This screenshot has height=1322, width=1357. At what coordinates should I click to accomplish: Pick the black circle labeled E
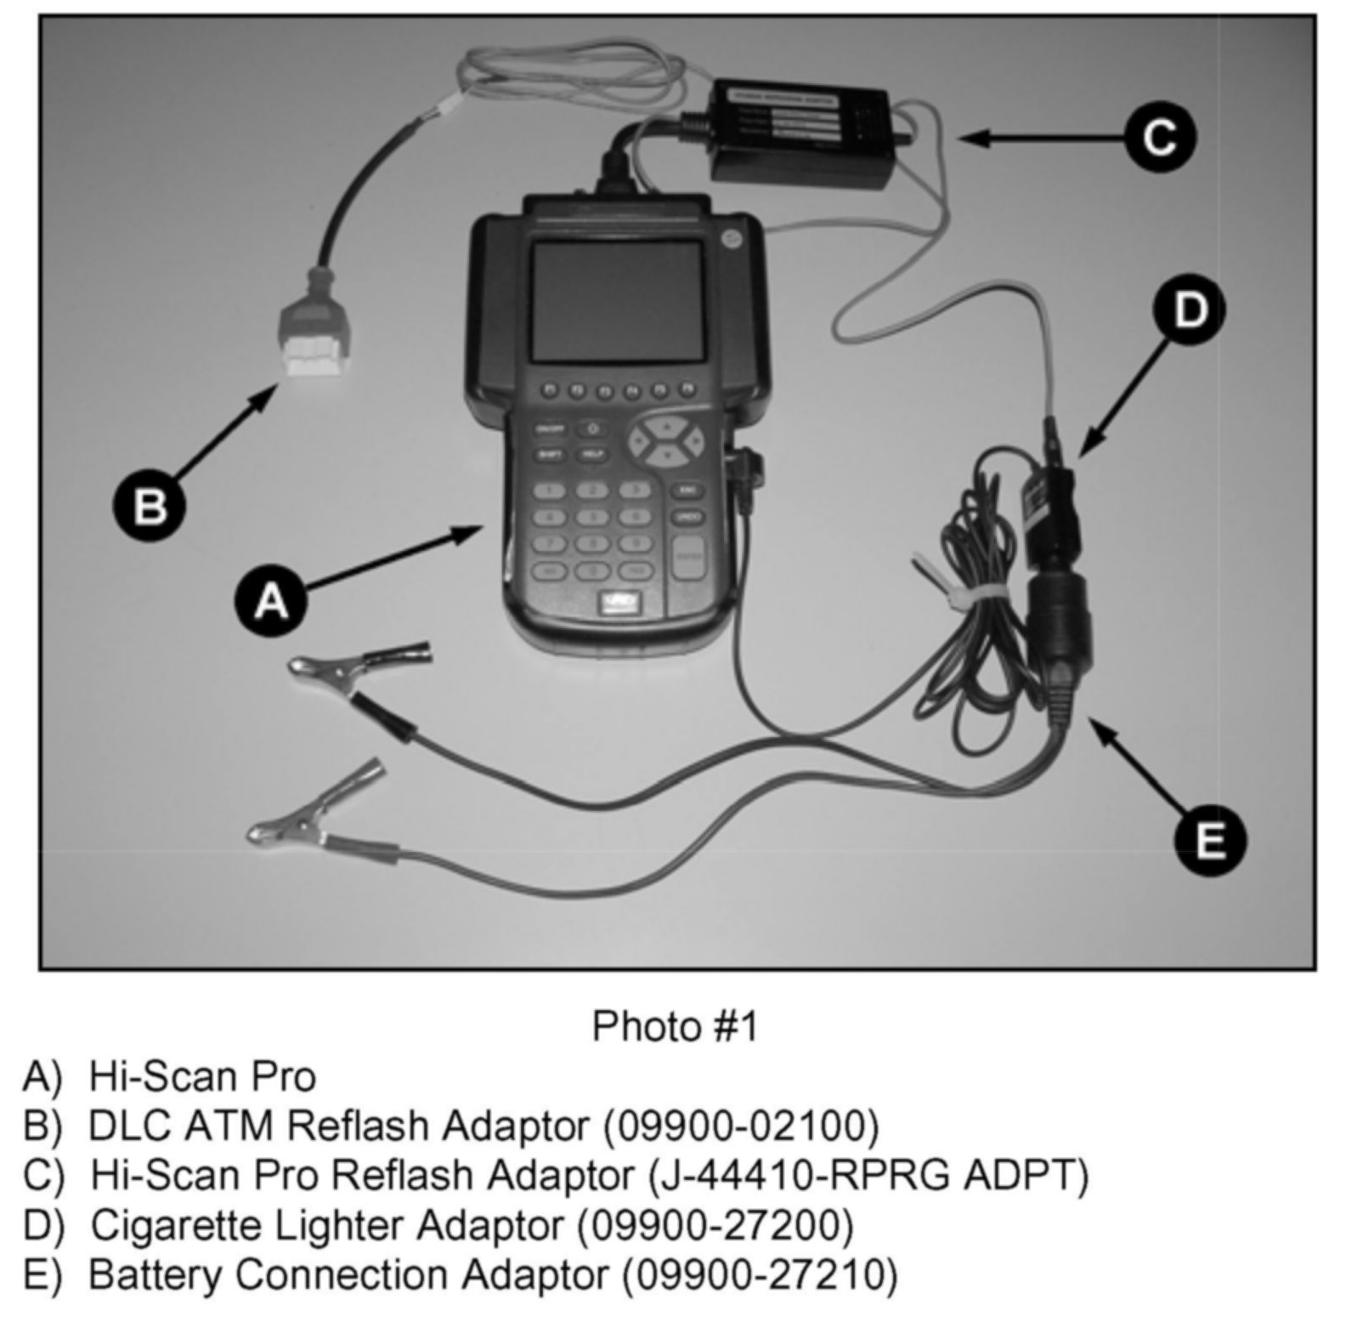click(1209, 840)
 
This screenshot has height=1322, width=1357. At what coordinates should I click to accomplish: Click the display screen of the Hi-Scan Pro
click(618, 299)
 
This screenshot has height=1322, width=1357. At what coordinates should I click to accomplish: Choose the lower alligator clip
click(314, 808)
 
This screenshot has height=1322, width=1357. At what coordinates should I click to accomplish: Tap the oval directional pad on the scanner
click(666, 440)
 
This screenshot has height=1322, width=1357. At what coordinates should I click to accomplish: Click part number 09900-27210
click(759, 1274)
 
